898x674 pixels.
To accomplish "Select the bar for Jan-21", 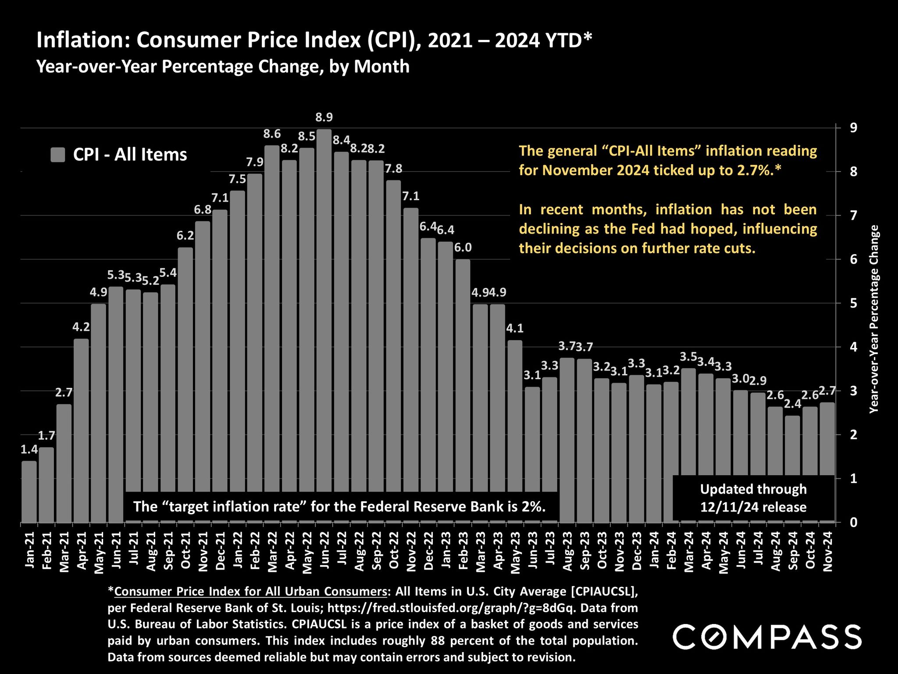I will [x=29, y=491].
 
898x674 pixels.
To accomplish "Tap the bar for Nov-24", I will [x=827, y=439].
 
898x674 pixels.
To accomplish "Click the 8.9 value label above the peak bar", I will [x=324, y=117].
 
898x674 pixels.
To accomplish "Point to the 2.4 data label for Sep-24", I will [x=792, y=404].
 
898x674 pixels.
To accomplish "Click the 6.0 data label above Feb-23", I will [x=463, y=247].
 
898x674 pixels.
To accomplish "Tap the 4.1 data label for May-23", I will [x=515, y=328].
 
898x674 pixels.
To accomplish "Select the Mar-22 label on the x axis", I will [x=272, y=550].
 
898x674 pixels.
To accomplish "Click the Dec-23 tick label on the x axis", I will [x=637, y=550].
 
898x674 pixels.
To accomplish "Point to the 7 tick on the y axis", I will [x=853, y=215].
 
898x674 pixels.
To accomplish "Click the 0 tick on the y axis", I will [x=853, y=523].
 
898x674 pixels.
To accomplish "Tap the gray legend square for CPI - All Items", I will [x=58, y=154].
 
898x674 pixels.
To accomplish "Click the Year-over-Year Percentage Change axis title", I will [x=874, y=319].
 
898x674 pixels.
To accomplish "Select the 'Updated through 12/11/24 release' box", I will [x=753, y=498].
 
